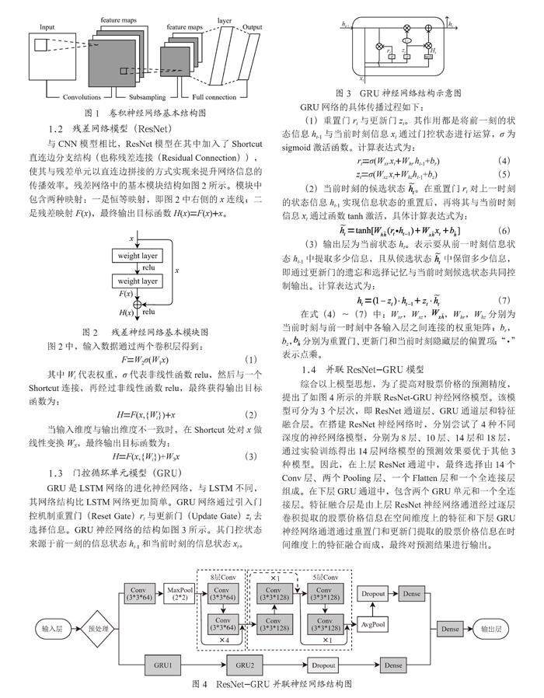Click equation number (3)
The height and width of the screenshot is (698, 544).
(250, 455)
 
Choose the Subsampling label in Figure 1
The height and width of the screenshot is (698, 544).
(146, 97)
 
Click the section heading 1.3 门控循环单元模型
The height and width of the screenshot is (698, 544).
(116, 473)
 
